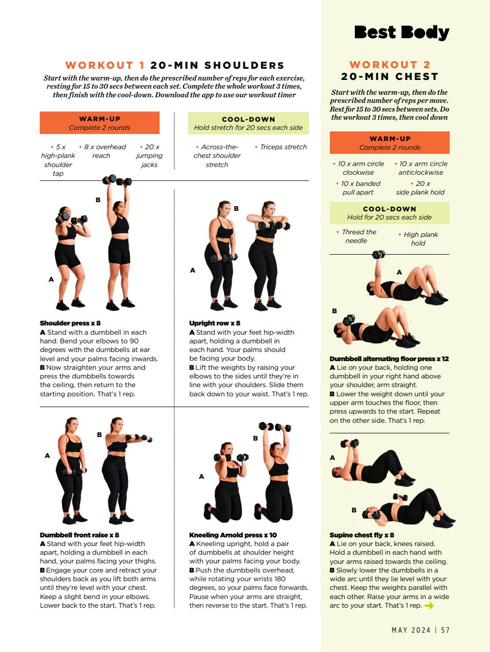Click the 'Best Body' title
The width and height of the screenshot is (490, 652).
point(401,32)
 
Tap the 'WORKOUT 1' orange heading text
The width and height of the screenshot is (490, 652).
point(105,65)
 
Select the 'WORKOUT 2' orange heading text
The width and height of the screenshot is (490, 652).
point(390,65)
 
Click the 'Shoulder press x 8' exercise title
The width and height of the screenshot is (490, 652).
point(70,323)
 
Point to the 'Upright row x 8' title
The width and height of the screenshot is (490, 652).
point(214,323)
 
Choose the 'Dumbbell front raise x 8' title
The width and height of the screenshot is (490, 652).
point(79,535)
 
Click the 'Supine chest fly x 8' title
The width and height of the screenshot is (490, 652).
point(362,535)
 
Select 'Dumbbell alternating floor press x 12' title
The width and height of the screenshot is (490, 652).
point(389,359)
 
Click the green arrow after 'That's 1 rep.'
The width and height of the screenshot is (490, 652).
point(429,606)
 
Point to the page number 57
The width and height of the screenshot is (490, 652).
point(446,630)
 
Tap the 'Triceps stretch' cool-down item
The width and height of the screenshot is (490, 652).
point(283,147)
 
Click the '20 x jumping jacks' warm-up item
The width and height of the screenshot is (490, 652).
point(149,155)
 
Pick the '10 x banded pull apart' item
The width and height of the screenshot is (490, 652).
point(358,188)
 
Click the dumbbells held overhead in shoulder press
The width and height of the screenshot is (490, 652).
point(117,180)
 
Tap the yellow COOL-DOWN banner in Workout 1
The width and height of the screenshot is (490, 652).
point(248,123)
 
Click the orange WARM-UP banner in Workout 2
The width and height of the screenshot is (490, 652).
point(390,143)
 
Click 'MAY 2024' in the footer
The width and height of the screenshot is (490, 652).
point(410,630)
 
